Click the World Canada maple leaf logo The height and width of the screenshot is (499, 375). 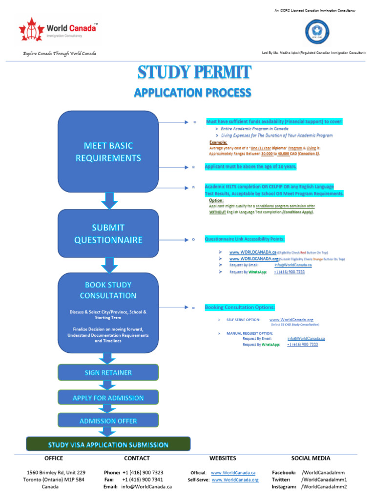pos(31,31)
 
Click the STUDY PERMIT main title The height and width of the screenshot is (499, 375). pos(194,73)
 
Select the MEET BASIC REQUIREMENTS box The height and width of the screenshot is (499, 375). pos(108,152)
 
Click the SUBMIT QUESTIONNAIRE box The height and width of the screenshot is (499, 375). pos(108,233)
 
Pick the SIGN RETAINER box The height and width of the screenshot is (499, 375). pos(108,373)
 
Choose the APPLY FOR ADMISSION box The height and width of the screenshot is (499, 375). pos(108,398)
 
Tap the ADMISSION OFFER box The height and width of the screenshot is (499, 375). pos(108,421)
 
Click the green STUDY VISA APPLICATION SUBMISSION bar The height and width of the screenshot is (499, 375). pos(108,444)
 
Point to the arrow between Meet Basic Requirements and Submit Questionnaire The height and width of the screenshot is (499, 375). pos(109,200)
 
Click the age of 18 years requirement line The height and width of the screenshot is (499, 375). pos(250,167)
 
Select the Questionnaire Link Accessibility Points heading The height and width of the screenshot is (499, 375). pos(244,239)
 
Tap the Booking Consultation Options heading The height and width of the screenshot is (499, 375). pos(240,307)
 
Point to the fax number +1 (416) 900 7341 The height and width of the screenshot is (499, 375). pos(143,480)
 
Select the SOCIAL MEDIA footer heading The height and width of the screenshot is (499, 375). pos(311,458)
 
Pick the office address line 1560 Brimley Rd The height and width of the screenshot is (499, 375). pos(56,473)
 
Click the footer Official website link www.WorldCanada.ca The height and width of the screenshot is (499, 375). pos(233,473)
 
